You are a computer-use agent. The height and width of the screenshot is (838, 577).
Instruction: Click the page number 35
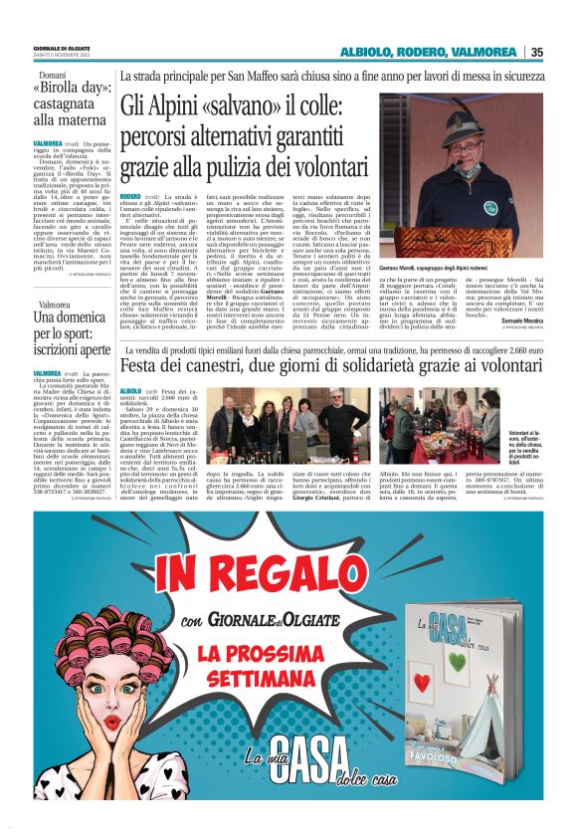[x=537, y=52]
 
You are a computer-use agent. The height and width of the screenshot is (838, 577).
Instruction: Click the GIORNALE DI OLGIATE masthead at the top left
[x=62, y=47]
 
